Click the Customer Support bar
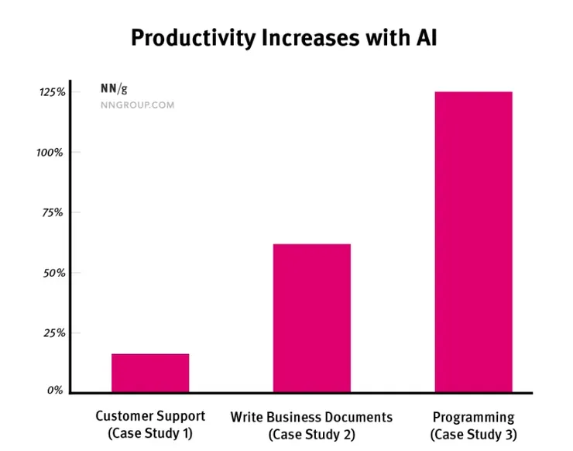pos(150,373)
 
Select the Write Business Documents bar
pos(311,318)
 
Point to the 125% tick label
pos(52,92)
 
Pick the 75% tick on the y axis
pos(52,212)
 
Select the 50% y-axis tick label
pos(52,273)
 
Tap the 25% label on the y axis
pos(52,332)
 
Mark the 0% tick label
pos(55,391)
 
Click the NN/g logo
pos(114,88)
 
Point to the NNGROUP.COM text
pos(137,105)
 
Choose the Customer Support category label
pos(150,416)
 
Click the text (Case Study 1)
pos(150,434)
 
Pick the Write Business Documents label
pos(311,417)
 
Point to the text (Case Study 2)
pos(311,435)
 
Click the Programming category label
pos(473,417)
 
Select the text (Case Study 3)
pos(473,435)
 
